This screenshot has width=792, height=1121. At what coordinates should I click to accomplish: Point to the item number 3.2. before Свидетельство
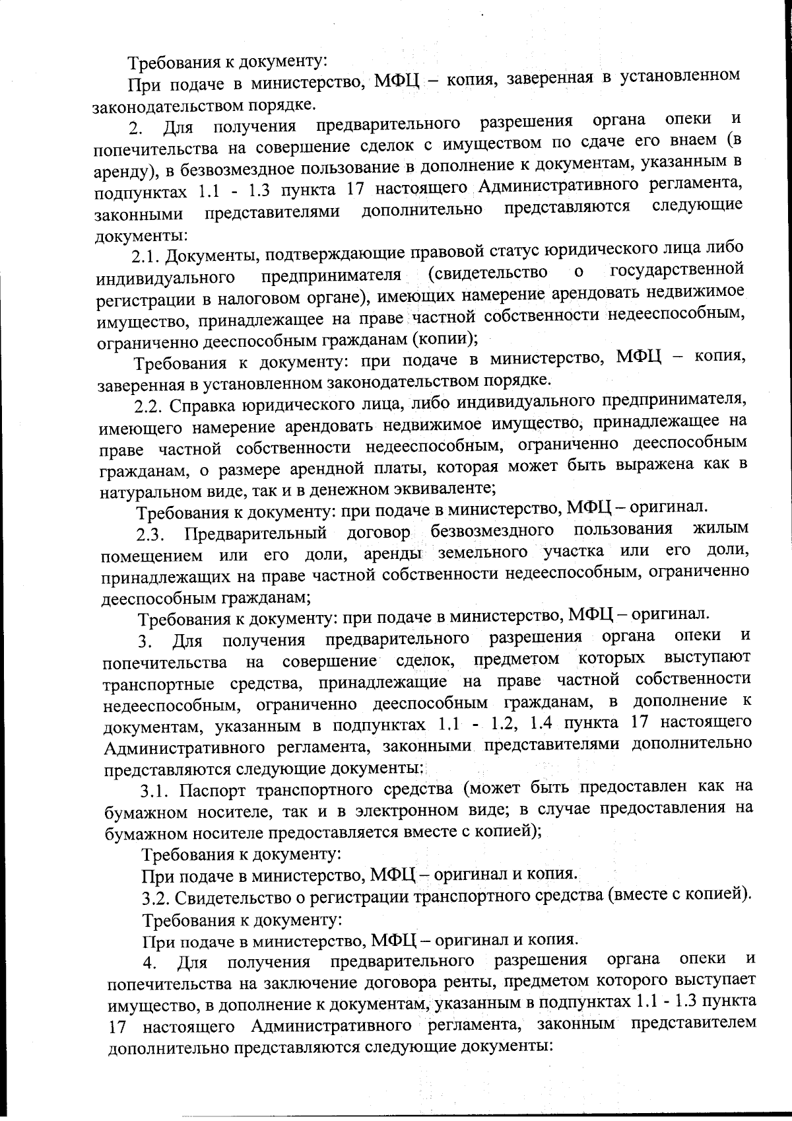coord(158,898)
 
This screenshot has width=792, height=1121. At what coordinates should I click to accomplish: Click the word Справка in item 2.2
coord(205,405)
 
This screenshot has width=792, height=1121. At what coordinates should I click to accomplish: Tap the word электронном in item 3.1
coord(421,810)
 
